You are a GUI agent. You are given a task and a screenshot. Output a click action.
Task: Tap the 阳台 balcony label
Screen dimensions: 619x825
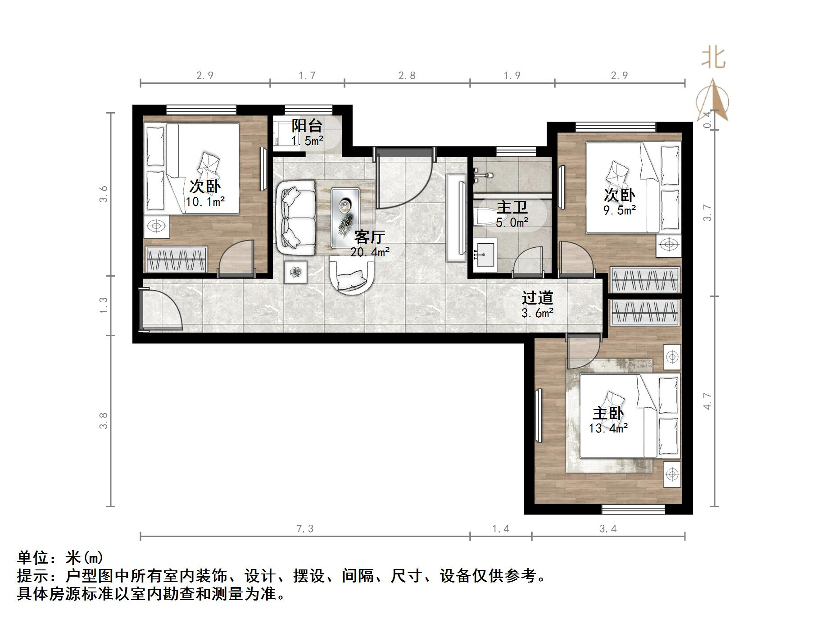click(x=307, y=126)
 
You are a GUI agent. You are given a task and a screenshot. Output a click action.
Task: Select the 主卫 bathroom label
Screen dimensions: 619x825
click(x=512, y=208)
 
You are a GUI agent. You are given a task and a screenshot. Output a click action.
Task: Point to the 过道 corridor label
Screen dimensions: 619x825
click(x=537, y=298)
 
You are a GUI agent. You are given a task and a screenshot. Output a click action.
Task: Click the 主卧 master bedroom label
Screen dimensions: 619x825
click(x=608, y=414)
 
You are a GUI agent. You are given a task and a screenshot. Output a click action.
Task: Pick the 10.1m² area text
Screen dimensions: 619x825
click(x=205, y=202)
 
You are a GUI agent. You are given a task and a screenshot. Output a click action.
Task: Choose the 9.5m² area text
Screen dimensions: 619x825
click(x=619, y=210)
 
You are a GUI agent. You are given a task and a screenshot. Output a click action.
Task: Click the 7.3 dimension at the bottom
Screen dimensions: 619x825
click(x=305, y=529)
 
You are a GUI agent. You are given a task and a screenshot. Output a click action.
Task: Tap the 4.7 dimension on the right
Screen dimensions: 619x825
click(x=707, y=401)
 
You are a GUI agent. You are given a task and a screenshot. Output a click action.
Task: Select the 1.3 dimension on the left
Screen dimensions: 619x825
click(x=104, y=305)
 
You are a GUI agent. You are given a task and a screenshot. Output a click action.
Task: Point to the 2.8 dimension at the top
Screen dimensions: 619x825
click(x=407, y=76)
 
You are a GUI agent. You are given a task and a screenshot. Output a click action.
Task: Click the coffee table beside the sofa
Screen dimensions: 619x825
click(x=345, y=218)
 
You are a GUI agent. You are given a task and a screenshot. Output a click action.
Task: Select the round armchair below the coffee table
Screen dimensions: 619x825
click(x=352, y=275)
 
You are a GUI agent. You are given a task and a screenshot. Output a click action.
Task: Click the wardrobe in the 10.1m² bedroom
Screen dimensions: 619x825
click(x=176, y=259)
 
